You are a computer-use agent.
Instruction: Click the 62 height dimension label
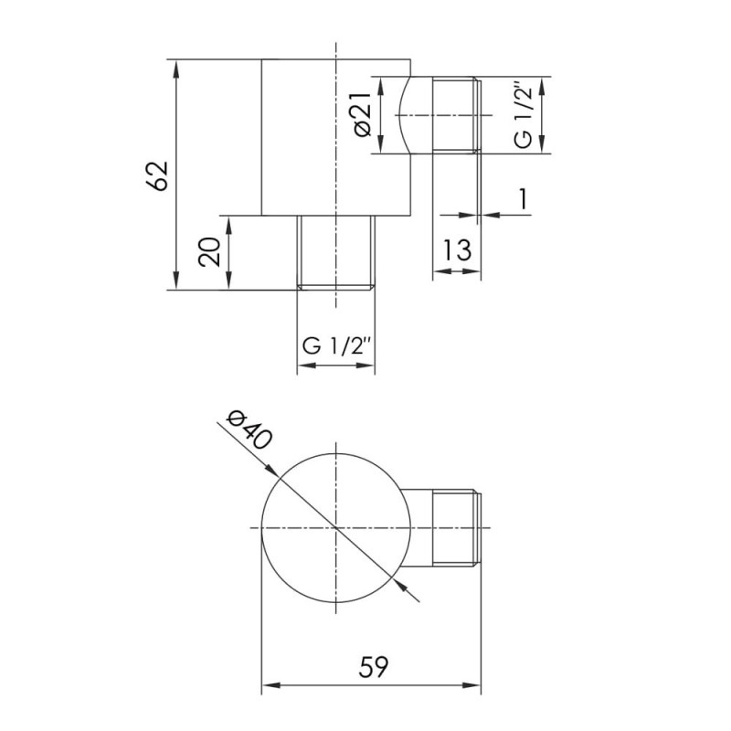tap(158, 175)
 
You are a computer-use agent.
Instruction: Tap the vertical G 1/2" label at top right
tap(522, 115)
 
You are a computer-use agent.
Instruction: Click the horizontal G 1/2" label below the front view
tap(336, 346)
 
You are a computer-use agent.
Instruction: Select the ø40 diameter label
tap(247, 430)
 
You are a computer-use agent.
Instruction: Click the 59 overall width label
tap(372, 667)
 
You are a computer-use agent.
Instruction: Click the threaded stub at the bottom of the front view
tap(336, 252)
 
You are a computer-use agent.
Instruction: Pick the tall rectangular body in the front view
tap(302, 137)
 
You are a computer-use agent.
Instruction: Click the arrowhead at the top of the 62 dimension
tap(174, 65)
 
